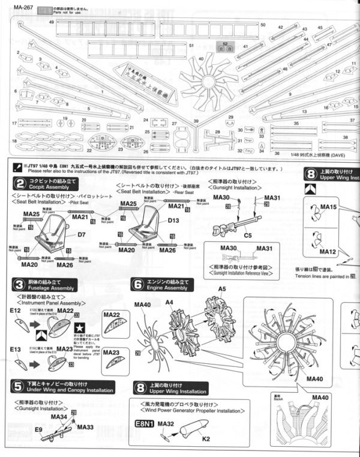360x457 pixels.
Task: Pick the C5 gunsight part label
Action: (247, 235)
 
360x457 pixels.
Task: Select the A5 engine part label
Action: (221, 289)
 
